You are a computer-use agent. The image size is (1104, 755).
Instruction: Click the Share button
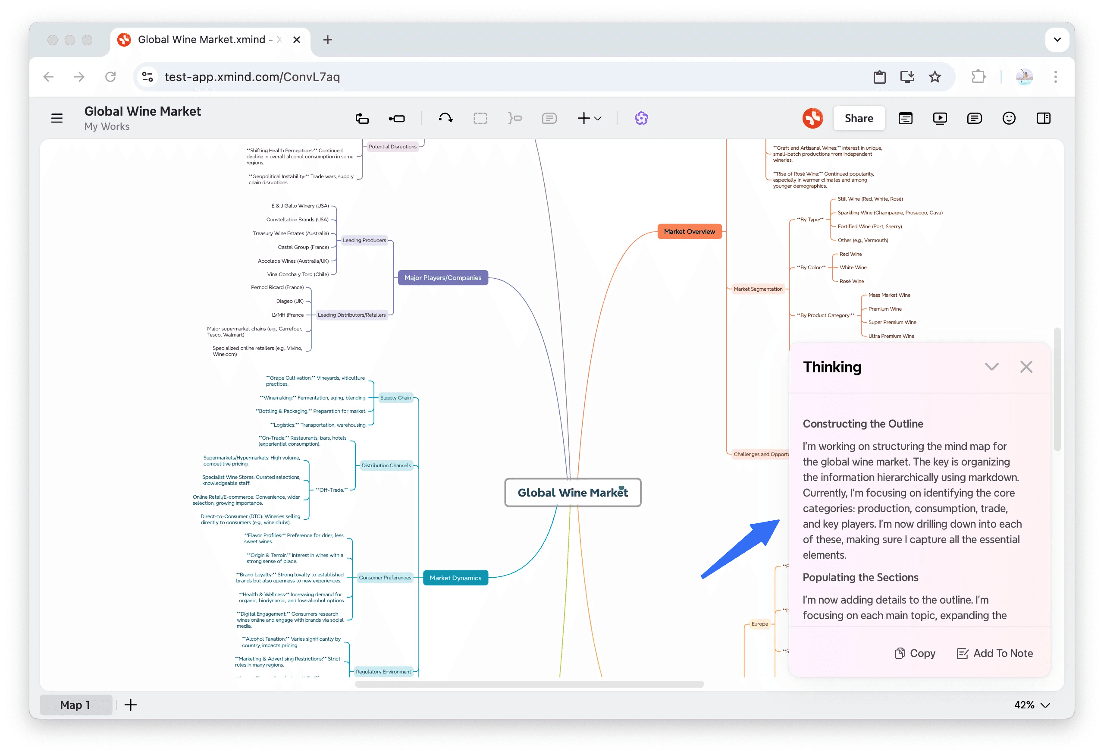[858, 118]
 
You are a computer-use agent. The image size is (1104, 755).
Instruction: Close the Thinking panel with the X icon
[1026, 366]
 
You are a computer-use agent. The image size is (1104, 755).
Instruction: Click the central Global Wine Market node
[572, 492]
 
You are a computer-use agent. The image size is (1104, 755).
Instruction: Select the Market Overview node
[689, 231]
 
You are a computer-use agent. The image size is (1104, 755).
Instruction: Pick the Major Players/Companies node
[442, 277]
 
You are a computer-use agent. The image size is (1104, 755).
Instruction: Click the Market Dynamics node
[455, 577]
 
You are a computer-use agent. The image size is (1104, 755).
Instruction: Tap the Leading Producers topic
[364, 240]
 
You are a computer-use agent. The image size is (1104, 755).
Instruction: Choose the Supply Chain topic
[395, 397]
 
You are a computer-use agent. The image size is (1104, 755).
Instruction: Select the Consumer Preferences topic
[384, 577]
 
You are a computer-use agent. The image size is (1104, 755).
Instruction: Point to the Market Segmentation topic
[757, 289]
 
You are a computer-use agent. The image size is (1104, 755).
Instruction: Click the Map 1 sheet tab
[75, 704]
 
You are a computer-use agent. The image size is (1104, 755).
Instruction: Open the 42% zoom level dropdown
[1031, 704]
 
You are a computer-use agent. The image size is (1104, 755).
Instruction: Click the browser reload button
[110, 76]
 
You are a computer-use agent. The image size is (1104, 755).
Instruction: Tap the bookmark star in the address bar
[934, 76]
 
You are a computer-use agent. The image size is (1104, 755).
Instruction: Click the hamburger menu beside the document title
[56, 118]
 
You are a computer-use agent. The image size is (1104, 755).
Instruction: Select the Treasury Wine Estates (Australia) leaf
[290, 233]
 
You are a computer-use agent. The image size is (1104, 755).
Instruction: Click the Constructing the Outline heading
[862, 423]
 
